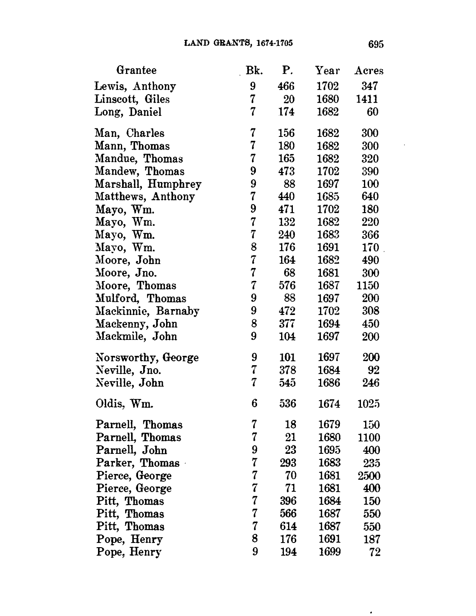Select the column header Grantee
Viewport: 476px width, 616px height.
pos(136,70)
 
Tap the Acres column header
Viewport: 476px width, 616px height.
pos(369,71)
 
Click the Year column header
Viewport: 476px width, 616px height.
pos(327,71)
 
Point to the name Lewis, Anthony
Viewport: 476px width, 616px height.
pos(135,86)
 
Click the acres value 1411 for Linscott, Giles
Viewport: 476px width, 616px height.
pos(367,99)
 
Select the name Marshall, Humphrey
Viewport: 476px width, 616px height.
pos(148,184)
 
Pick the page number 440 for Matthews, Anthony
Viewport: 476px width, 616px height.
pos(287,197)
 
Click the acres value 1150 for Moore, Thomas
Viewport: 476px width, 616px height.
pos(367,286)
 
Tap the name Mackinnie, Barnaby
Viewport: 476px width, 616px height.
pos(147,311)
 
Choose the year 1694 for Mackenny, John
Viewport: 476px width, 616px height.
pos(329,324)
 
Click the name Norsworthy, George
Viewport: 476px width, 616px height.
pos(147,357)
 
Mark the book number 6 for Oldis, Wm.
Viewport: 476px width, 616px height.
pos(254,404)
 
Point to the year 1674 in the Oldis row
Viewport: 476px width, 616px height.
pos(329,404)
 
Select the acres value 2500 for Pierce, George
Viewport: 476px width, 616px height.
pos(369,476)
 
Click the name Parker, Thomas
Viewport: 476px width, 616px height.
pos(138,463)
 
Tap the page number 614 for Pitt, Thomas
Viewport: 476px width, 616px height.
pos(288,527)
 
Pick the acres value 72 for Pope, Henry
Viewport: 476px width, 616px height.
pos(374,552)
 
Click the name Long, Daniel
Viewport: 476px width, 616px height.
pos(128,112)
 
